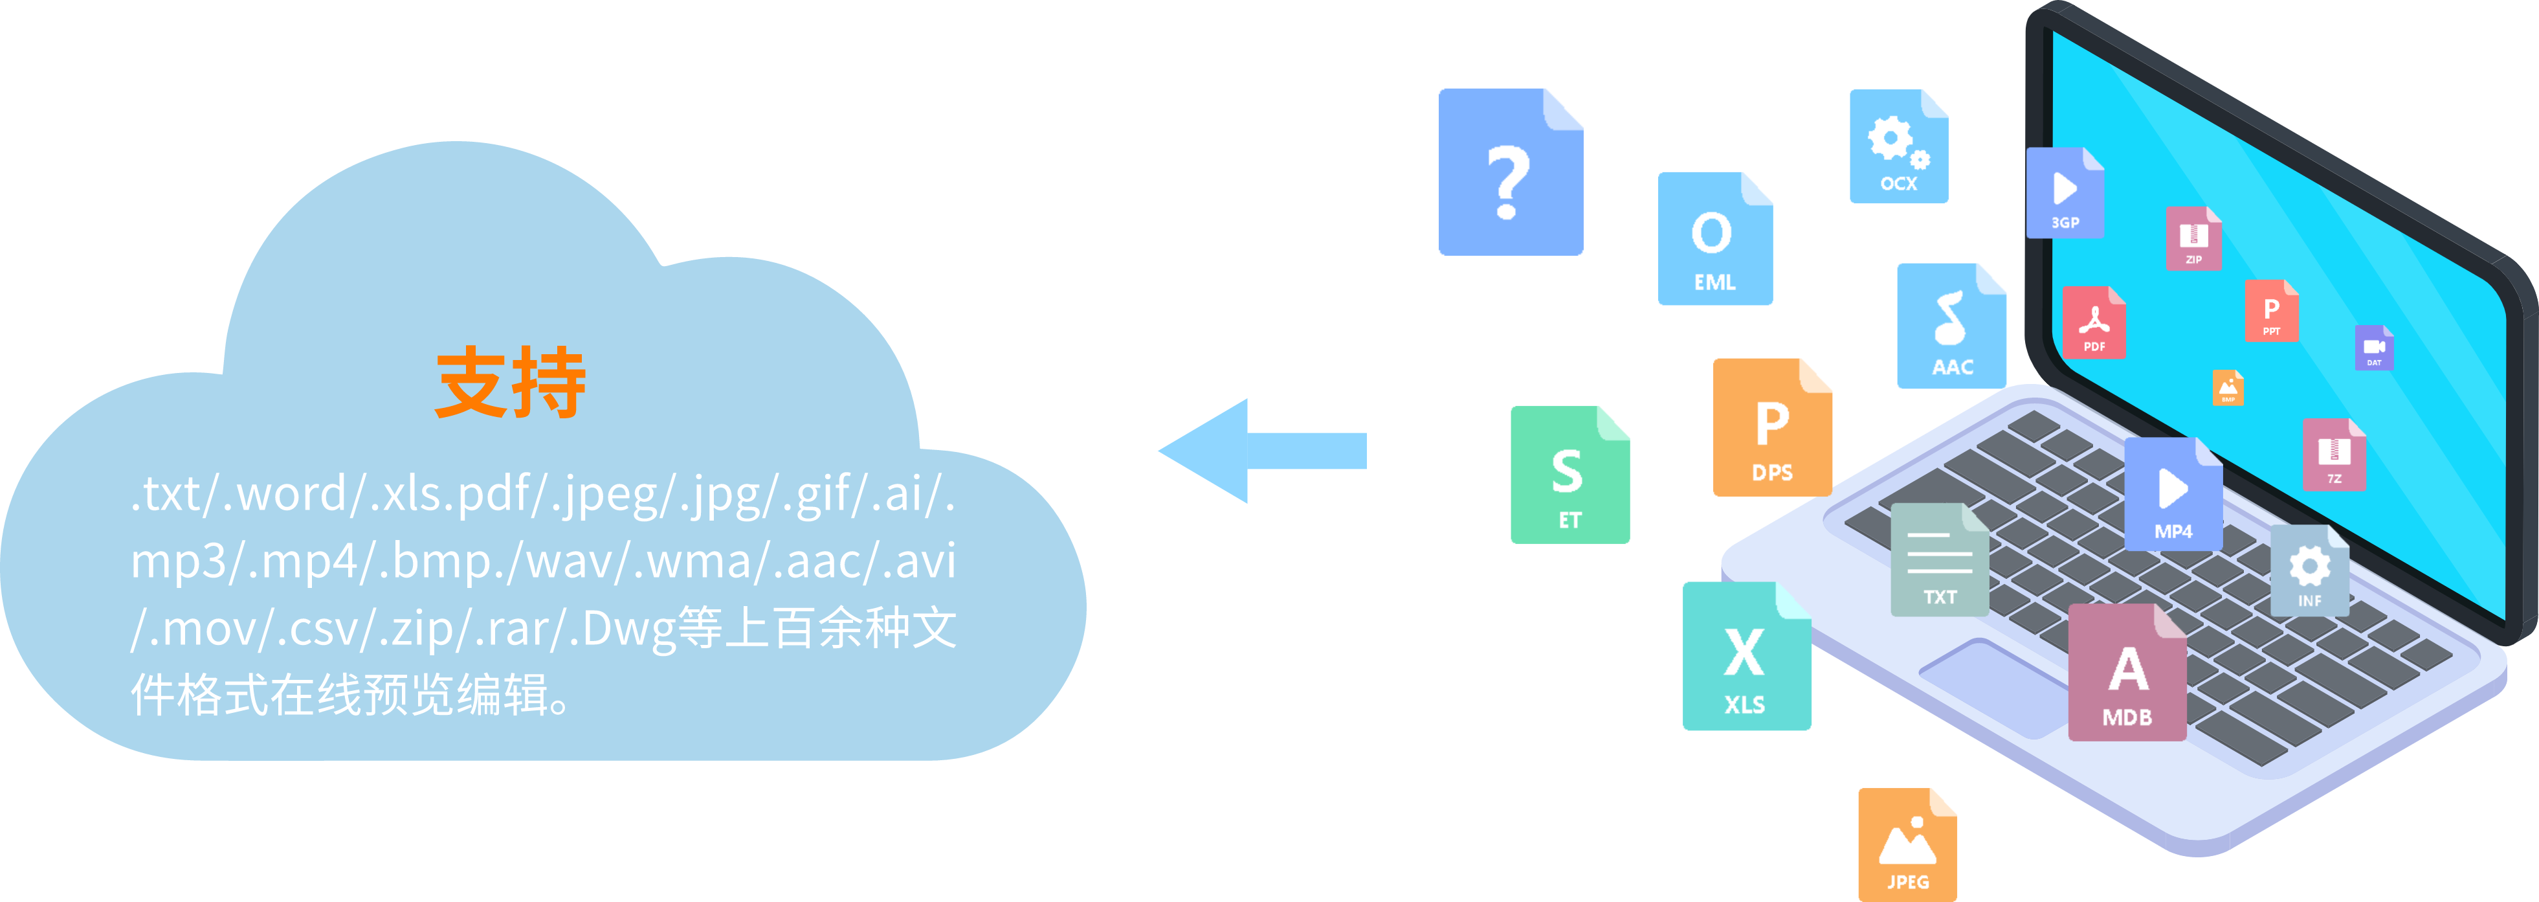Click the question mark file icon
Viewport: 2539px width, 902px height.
tap(1511, 172)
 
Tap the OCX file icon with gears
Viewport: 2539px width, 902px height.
tap(1898, 147)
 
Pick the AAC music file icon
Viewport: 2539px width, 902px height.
tap(1951, 326)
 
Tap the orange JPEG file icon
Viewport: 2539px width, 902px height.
tap(1907, 845)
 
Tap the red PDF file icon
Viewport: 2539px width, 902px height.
tap(2094, 322)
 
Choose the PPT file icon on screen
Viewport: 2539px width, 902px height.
tap(2271, 311)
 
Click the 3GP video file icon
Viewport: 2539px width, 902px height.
tap(2065, 193)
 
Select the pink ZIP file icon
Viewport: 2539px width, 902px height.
tap(2193, 238)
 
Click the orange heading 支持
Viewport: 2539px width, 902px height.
tap(511, 383)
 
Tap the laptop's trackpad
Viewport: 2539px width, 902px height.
tap(1991, 685)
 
